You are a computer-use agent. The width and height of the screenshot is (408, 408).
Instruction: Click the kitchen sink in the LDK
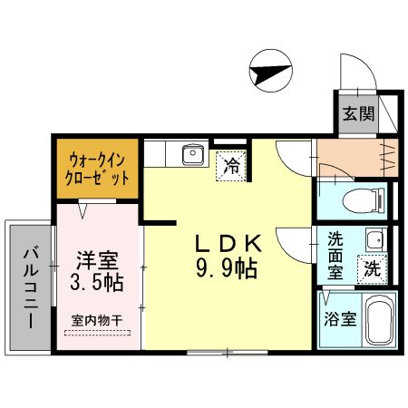[x=193, y=157]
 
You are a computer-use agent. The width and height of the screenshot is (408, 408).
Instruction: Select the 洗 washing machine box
[x=372, y=268]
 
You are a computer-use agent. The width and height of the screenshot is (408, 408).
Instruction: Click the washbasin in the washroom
[x=373, y=241]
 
